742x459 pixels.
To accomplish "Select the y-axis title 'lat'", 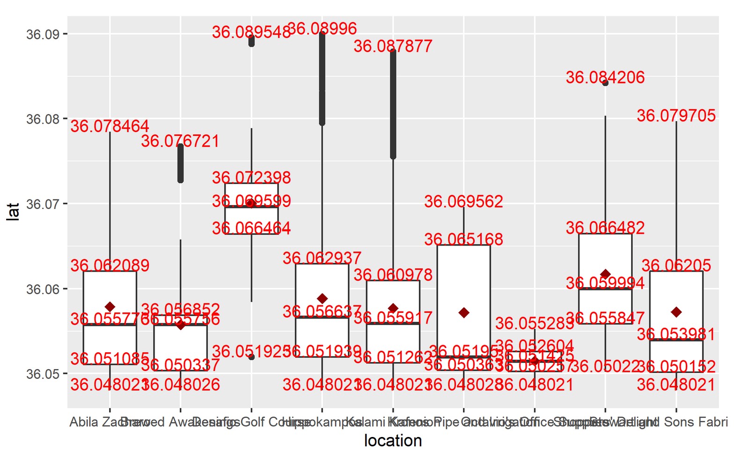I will point(13,212).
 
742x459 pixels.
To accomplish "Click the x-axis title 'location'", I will point(393,441).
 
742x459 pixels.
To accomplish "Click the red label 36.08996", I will point(322,29).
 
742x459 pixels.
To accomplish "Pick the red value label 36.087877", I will point(393,46).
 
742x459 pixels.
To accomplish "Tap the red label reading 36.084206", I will point(605,77).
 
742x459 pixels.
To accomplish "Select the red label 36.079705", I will point(676,116).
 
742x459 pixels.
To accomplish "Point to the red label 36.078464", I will point(110,126).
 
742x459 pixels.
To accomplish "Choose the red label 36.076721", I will point(180,141).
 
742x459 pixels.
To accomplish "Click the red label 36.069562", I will point(463,201).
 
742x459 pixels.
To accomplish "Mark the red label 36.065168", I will point(463,239).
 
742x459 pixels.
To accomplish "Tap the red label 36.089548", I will point(251,32).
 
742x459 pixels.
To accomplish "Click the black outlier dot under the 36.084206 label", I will point(605,83).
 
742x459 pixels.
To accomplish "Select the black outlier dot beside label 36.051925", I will point(251,357).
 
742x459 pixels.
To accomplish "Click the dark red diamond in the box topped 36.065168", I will point(464,312).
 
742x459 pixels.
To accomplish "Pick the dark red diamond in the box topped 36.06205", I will point(676,312).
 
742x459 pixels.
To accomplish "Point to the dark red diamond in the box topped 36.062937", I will point(322,298).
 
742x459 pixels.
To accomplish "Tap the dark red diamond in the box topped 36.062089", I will point(110,307).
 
